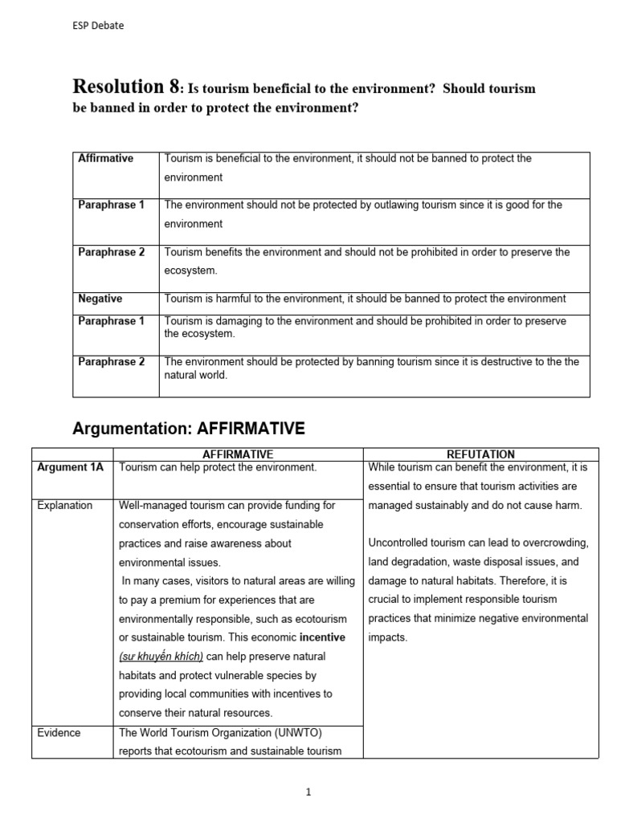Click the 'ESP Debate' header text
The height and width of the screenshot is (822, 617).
tap(98, 26)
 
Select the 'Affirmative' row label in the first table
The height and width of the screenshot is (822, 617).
tap(106, 159)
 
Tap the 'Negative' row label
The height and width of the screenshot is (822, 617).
tap(100, 299)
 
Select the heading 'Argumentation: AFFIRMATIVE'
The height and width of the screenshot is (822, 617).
tap(188, 429)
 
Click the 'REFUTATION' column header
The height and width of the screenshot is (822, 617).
tap(480, 454)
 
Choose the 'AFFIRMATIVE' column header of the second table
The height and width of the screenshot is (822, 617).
tap(239, 454)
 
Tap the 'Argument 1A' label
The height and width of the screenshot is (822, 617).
tap(71, 467)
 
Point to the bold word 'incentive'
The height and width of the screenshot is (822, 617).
tap(322, 638)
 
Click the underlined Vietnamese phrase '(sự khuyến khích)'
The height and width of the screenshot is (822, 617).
tap(161, 657)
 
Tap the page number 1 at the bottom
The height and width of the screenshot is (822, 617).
tap(308, 792)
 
